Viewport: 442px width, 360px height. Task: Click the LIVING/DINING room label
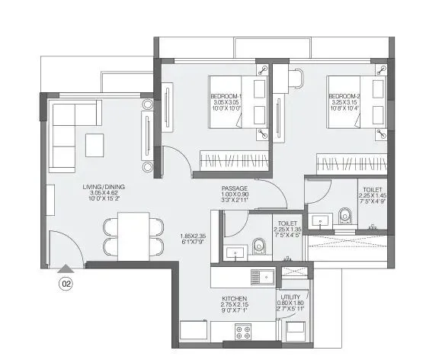pyautogui.click(x=104, y=186)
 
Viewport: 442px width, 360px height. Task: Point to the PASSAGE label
pyautogui.click(x=235, y=188)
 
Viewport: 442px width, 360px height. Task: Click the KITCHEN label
pyautogui.click(x=234, y=298)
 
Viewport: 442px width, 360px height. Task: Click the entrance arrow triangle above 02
pyautogui.click(x=66, y=268)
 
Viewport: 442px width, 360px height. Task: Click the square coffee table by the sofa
pyautogui.click(x=95, y=144)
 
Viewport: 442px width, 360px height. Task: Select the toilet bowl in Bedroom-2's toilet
pyautogui.click(x=344, y=217)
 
